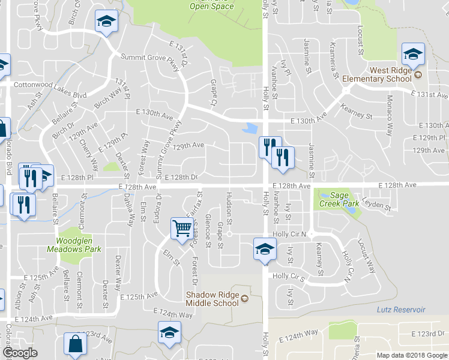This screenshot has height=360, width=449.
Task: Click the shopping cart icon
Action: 182,228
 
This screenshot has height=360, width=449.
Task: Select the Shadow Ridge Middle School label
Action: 212,298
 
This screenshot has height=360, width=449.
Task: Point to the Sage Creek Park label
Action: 339,199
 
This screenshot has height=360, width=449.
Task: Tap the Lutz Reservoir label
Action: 400,310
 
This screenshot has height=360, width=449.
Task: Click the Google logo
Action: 20,353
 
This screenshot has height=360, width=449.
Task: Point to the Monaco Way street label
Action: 390,108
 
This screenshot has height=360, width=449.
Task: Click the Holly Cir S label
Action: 289,276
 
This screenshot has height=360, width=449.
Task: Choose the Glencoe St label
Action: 208,230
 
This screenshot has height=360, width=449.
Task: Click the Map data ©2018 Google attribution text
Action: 411,355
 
